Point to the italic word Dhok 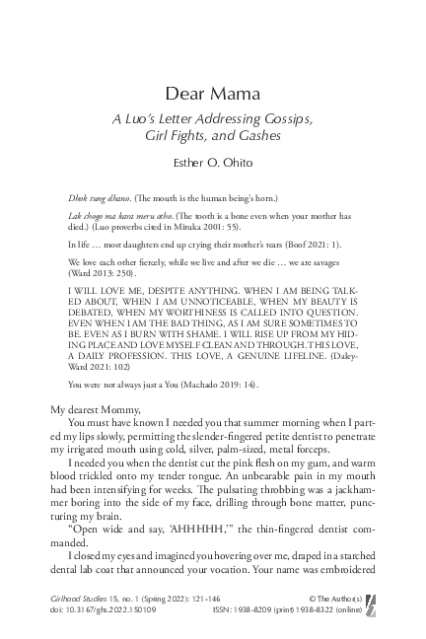click(x=78, y=198)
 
